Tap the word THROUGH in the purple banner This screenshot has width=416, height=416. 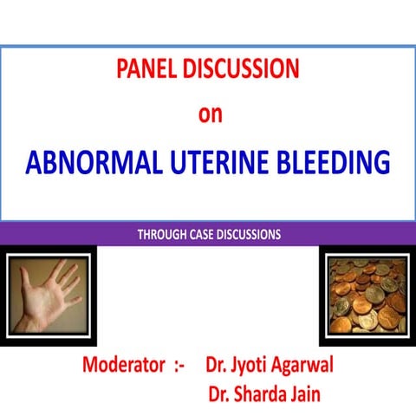click(x=164, y=233)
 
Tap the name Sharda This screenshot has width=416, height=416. click(x=264, y=395)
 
